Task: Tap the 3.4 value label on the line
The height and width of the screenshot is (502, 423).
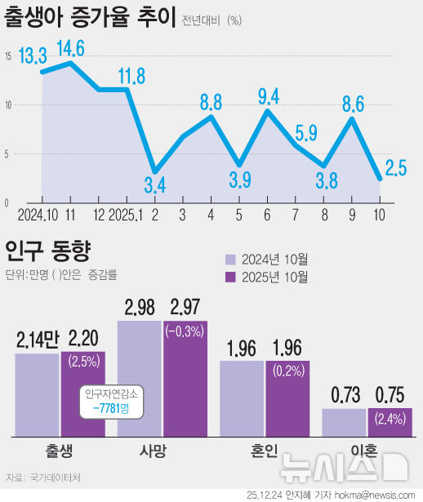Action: [155, 184]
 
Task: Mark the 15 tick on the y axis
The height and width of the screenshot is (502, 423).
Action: [7, 56]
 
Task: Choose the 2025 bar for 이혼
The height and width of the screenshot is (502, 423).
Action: [389, 422]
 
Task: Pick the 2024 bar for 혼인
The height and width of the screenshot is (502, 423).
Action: [242, 398]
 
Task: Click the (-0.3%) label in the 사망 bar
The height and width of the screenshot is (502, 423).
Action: [185, 332]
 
